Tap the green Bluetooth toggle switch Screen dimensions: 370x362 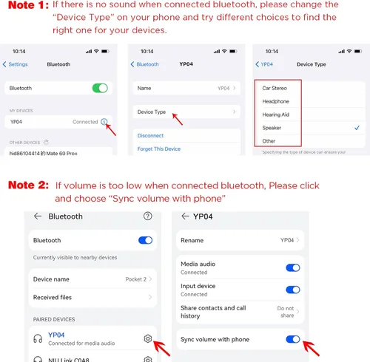coord(100,88)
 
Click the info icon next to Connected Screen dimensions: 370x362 coord(104,122)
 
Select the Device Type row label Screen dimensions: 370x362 coord(152,112)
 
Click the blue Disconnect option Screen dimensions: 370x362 coord(150,136)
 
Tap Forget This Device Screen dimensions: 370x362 coord(159,148)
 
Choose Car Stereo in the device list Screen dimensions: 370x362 coord(275,88)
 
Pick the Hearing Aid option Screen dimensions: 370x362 coord(275,115)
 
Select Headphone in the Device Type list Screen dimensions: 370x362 coord(275,101)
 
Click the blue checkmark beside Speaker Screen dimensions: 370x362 coord(357,128)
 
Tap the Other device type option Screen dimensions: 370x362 coord(269,141)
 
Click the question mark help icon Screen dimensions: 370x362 coord(148,216)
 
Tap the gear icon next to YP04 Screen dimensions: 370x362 coord(148,339)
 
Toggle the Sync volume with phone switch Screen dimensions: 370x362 coord(293,339)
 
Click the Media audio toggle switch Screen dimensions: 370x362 coord(293,267)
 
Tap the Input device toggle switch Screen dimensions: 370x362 coord(293,290)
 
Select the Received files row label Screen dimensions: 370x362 coord(53,298)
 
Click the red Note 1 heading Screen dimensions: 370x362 coord(28,5)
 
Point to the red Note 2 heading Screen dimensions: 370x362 coord(28,185)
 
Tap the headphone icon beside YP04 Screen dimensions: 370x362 coord(38,339)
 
